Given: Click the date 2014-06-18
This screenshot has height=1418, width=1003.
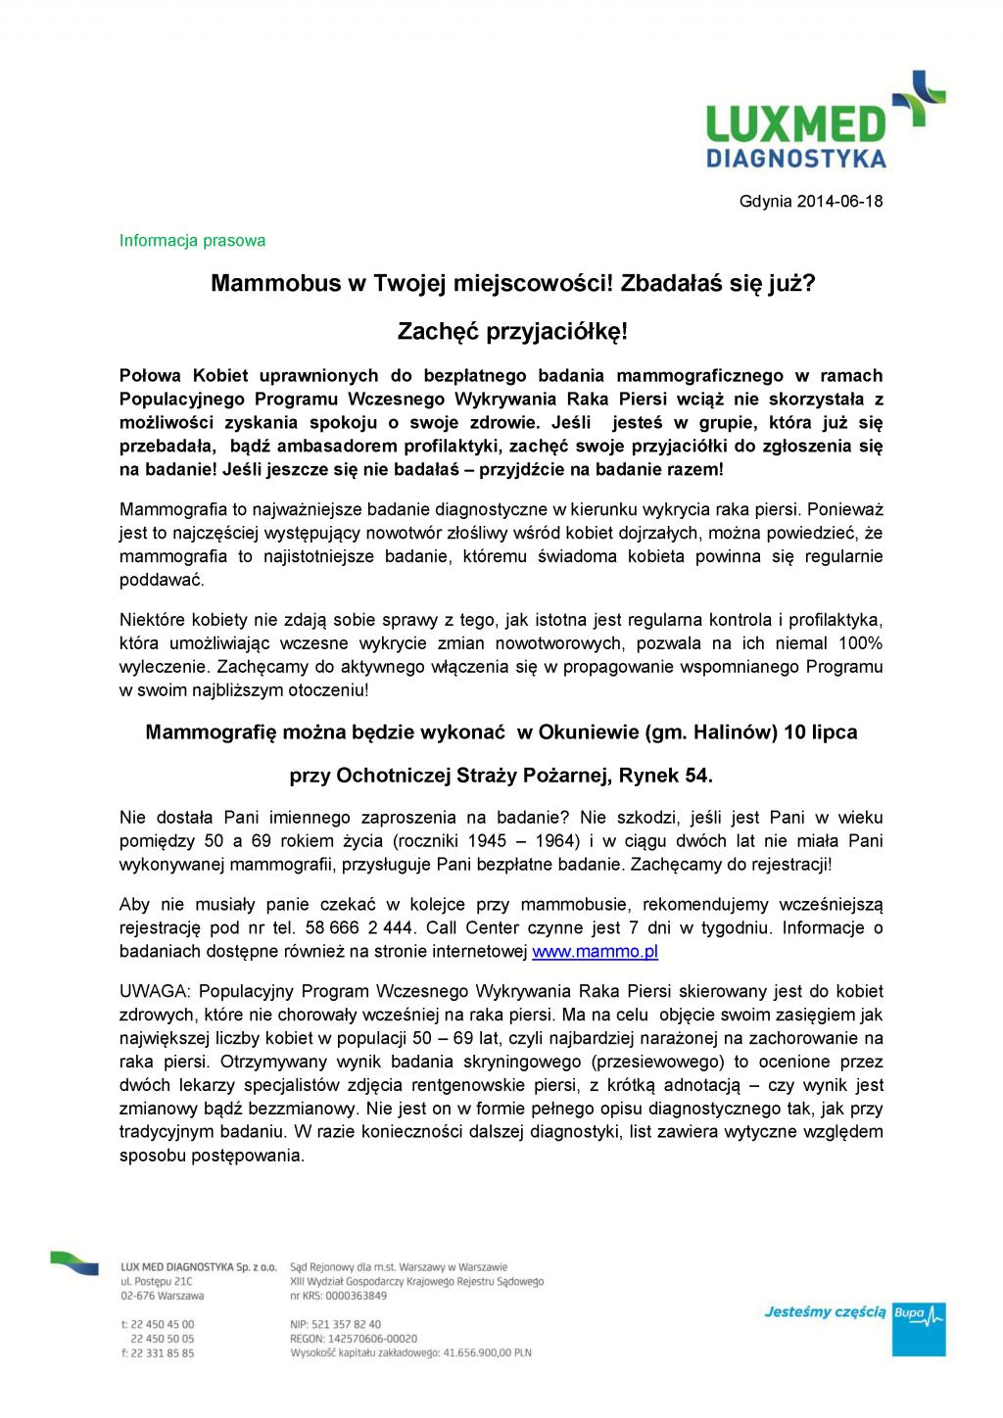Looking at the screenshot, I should point(839,203).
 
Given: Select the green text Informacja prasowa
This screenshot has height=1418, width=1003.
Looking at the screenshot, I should point(192,240).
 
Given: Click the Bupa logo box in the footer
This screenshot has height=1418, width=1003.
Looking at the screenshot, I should point(920,1329).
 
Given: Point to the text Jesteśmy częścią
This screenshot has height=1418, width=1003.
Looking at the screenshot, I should point(825,1311).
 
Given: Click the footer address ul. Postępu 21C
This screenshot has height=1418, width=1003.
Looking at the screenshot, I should point(157,1281).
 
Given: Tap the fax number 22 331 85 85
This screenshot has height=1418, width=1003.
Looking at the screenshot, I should point(163,1353).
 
